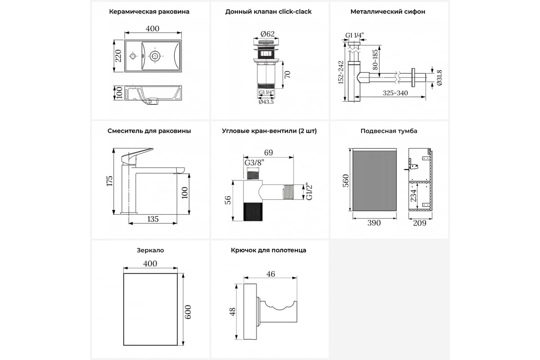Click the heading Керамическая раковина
[149, 12]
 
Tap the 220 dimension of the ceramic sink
[118, 56]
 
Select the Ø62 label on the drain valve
[267, 33]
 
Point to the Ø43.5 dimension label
[266, 102]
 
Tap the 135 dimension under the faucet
[153, 219]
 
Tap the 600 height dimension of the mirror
[188, 311]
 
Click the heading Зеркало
[149, 250]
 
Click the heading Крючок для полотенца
[268, 250]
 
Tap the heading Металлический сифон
[387, 12]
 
